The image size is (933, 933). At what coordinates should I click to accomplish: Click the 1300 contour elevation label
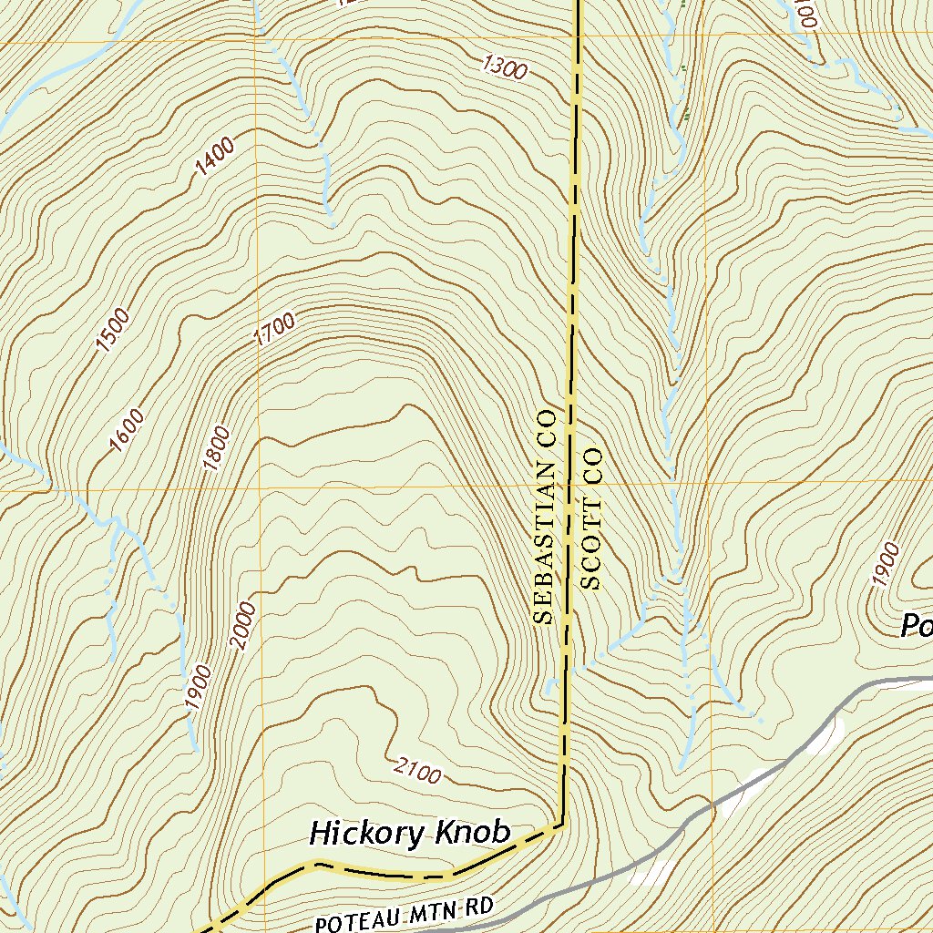[502, 67]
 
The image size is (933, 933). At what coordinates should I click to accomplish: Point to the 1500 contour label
[114, 331]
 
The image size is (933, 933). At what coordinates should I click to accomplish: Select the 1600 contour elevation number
[126, 430]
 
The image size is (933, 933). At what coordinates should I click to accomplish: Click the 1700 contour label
[274, 330]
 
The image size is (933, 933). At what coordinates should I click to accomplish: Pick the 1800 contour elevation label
[218, 448]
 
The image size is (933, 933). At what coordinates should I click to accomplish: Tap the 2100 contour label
[418, 770]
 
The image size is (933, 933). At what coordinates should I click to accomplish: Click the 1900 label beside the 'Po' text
[885, 564]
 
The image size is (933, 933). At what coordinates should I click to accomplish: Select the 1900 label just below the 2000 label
[198, 687]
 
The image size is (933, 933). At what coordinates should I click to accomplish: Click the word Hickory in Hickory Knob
[367, 833]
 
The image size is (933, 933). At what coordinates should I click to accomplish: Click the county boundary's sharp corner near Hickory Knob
[562, 825]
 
